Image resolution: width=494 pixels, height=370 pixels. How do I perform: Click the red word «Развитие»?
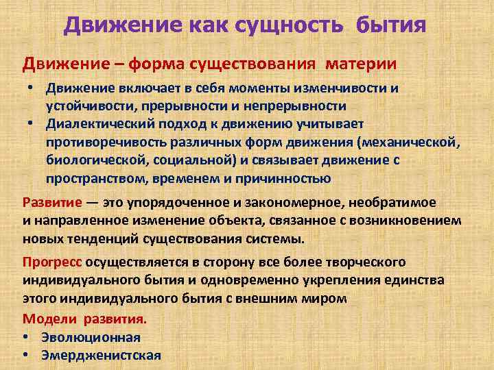point(51,203)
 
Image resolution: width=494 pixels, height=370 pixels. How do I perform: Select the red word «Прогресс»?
point(51,262)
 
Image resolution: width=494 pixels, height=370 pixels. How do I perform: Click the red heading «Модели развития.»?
point(84,319)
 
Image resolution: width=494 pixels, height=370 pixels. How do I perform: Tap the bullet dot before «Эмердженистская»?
point(25,354)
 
